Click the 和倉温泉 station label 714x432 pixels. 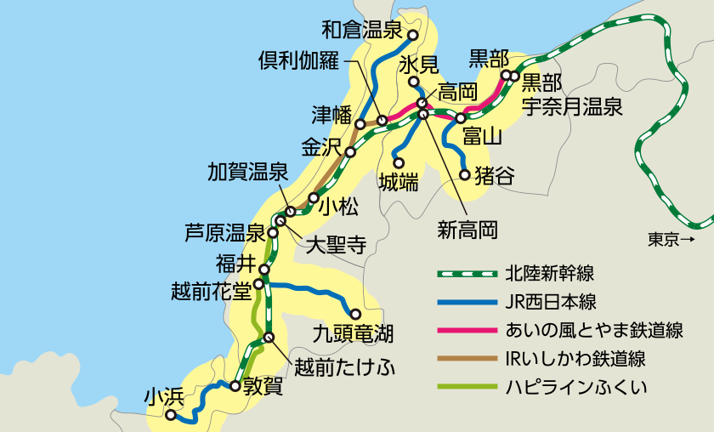tap(361, 31)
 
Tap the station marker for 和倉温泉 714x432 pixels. tap(412, 36)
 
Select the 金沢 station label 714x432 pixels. tap(321, 145)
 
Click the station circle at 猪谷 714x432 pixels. tap(465, 175)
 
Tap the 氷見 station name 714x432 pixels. tap(418, 65)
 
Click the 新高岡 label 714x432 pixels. tap(467, 229)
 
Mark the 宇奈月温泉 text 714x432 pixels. tap(572, 106)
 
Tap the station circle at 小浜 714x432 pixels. tap(171, 416)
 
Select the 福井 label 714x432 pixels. tap(235, 260)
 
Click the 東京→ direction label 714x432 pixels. tap(671, 240)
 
